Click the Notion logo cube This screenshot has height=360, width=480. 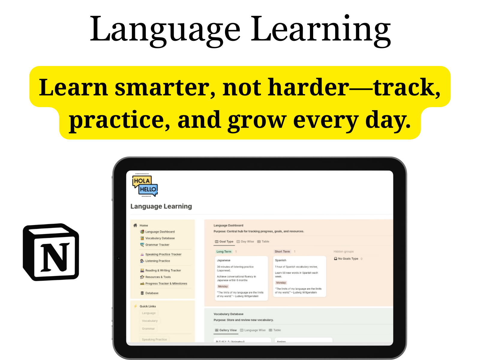tap(51, 252)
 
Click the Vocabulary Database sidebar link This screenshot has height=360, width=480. tap(160, 238)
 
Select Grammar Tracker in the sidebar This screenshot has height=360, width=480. tap(157, 245)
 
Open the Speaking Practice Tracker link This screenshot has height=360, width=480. tap(163, 254)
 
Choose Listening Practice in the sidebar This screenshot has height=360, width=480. tap(157, 261)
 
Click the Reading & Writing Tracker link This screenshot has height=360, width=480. tap(163, 271)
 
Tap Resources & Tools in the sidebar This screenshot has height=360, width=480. tap(158, 277)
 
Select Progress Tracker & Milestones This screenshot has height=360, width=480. tap(166, 283)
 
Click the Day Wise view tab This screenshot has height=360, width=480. tap(247, 241)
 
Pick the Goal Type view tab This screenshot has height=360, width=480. tap(226, 241)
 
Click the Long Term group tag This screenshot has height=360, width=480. tap(224, 252)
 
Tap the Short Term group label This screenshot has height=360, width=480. tap(282, 252)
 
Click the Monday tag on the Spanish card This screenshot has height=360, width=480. tap(281, 283)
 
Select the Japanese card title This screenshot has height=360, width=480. tap(224, 260)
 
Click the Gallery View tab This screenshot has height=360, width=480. tap(228, 330)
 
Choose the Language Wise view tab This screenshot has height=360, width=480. tap(255, 330)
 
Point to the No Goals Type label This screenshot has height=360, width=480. tap(348, 259)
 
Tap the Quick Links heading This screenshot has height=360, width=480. tap(148, 306)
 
